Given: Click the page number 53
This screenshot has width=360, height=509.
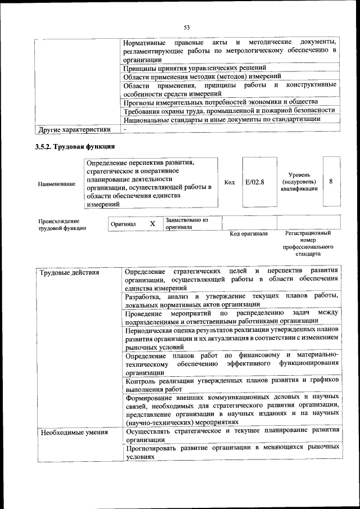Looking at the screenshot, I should pos(187,27).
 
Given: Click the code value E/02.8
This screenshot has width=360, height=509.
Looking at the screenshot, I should pos(255,182).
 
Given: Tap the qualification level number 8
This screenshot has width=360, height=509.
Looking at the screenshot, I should pos(331,182).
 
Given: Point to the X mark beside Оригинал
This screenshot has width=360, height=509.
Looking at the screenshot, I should pos(152,224).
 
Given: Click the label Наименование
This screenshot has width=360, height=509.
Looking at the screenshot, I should pos(57,184).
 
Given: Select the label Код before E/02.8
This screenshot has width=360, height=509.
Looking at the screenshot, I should pos(229,182).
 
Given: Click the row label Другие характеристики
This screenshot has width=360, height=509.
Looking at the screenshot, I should pos(73,130).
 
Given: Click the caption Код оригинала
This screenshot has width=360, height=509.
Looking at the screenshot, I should pos(249,233).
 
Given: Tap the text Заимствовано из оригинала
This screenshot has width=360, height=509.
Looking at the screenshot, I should pos(187,223).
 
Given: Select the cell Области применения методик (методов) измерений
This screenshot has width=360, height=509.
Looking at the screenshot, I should pos(203,76).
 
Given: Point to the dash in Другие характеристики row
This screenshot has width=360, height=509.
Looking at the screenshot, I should pos(126,129).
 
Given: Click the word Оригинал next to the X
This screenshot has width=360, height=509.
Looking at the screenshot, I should pos(123,224).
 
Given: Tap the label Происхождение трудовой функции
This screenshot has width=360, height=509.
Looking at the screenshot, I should pos(62,224).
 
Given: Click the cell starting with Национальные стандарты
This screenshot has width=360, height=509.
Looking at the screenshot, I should pos(223,119).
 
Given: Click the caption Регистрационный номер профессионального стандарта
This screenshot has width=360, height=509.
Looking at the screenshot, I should pos(308,244).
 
